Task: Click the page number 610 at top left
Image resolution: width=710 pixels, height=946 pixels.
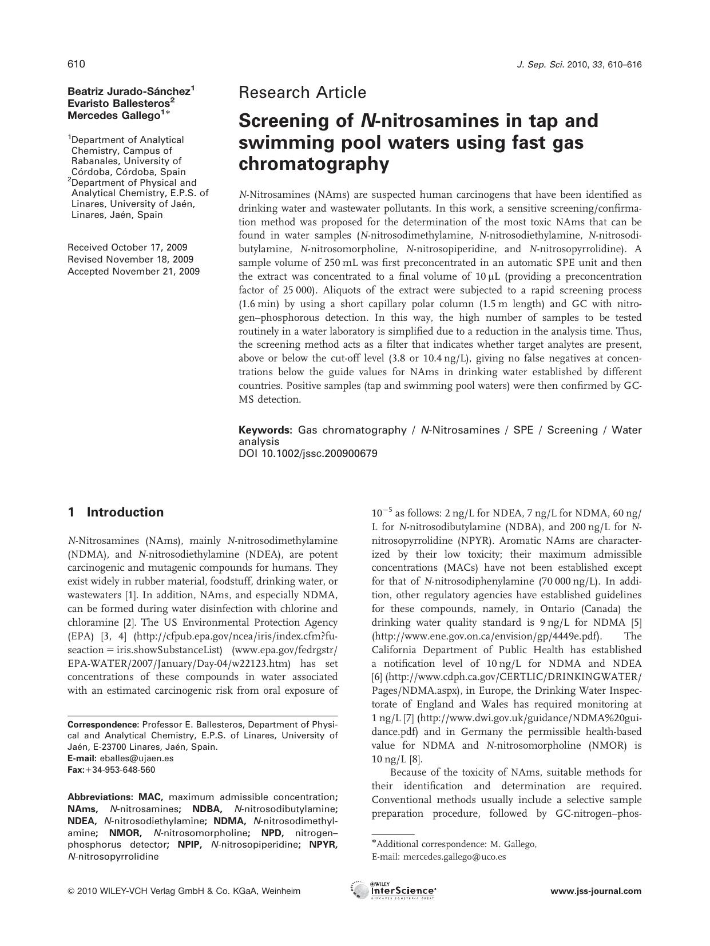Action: click(76, 64)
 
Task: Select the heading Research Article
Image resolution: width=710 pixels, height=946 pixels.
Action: click(302, 92)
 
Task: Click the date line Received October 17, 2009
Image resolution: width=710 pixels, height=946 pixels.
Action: click(127, 248)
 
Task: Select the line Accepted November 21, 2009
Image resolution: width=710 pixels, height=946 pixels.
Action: click(133, 271)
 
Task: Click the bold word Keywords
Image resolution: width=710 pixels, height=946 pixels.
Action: click(265, 430)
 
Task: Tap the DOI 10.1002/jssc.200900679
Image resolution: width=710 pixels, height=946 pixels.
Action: click(308, 454)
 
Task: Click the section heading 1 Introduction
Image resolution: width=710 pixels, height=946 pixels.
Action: click(116, 512)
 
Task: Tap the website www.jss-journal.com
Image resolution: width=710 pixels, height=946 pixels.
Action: click(596, 891)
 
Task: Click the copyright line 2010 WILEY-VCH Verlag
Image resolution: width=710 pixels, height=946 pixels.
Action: click(184, 891)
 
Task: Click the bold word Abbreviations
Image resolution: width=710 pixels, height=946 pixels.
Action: click(100, 797)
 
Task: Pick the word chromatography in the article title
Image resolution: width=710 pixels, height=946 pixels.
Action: click(314, 164)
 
